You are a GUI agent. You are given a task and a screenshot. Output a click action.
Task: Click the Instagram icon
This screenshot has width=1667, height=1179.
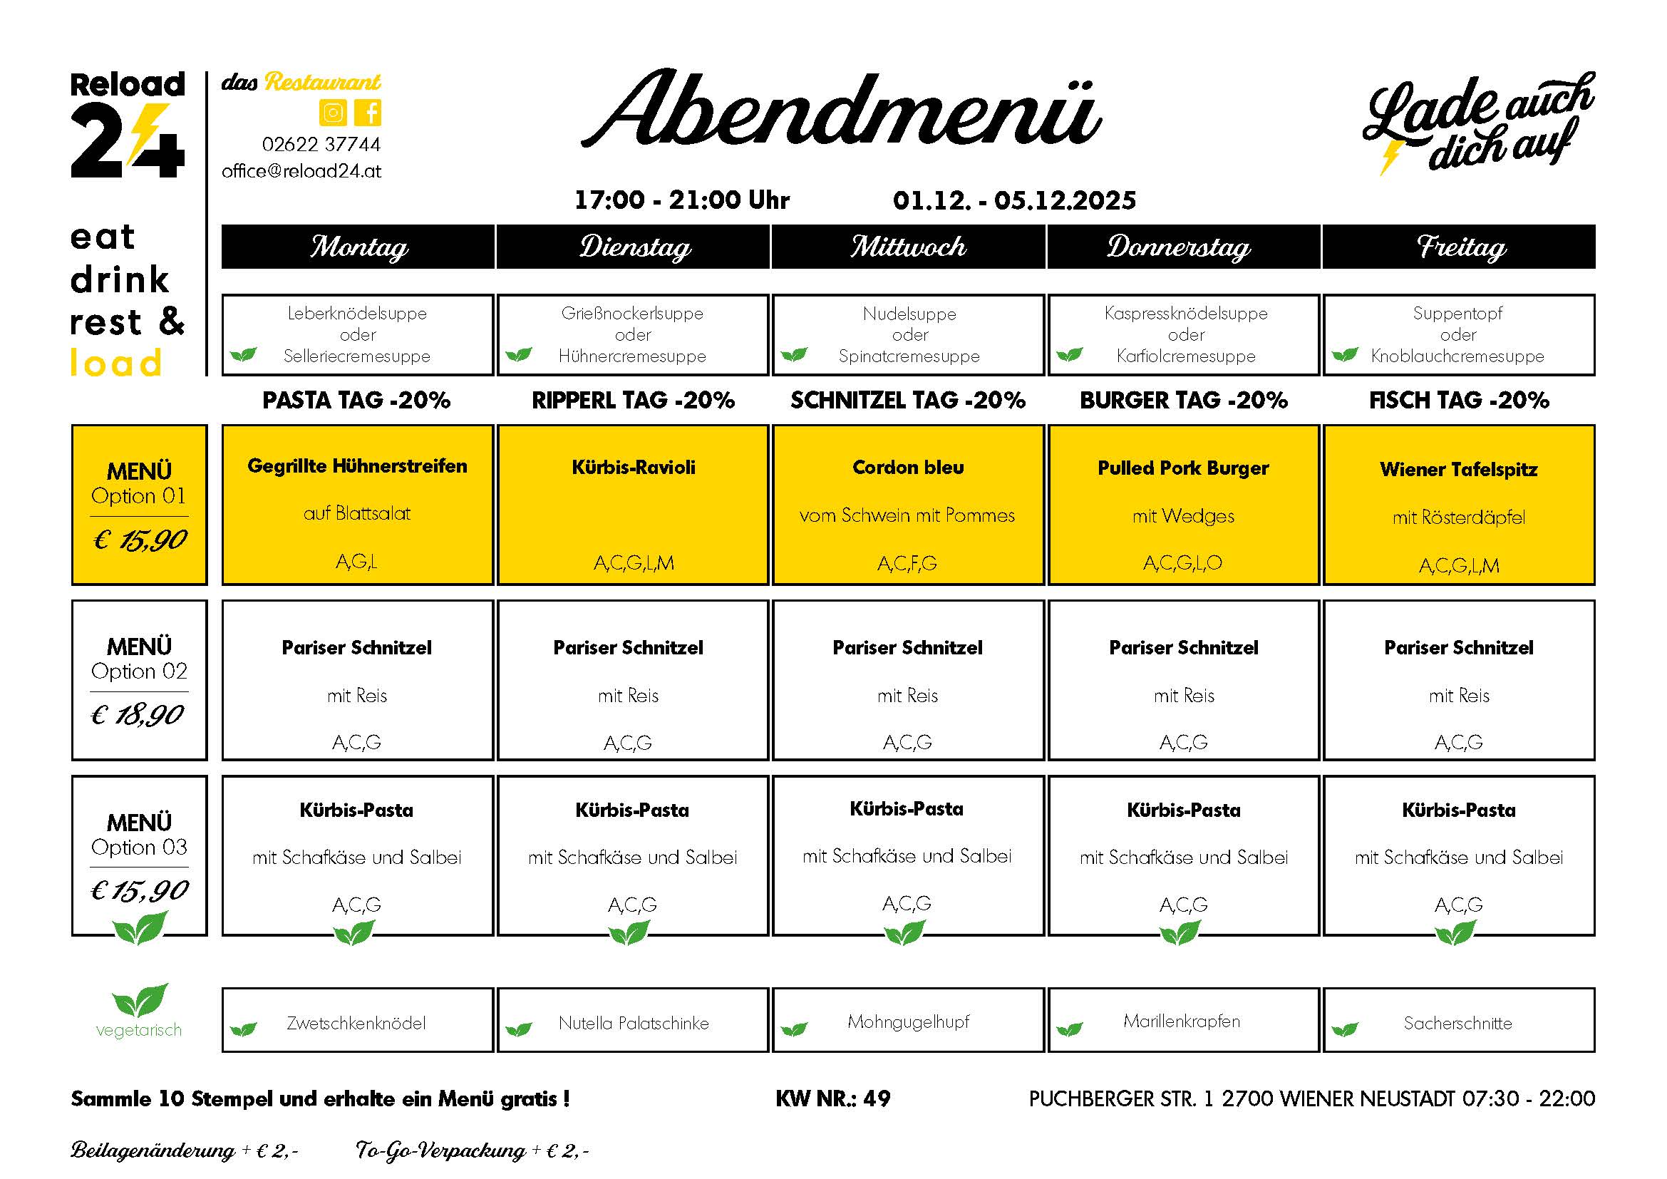333,113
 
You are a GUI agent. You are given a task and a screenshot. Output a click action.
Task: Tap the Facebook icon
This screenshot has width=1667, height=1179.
370,113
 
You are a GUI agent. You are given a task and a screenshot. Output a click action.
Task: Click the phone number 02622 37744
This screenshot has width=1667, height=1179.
321,145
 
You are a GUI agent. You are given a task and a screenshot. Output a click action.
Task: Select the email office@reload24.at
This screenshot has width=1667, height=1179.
301,171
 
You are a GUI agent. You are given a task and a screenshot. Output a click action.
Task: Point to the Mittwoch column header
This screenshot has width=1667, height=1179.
908,247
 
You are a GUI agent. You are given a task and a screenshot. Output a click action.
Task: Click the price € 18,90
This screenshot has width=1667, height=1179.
138,716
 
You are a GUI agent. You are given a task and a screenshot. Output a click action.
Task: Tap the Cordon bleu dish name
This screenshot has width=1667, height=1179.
907,468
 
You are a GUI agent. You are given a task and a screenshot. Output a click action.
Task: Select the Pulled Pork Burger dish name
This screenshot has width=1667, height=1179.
1183,468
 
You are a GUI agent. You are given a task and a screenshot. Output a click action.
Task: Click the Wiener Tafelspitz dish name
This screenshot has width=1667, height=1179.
1459,470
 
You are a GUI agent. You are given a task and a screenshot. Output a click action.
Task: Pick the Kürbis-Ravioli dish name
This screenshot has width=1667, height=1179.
633,468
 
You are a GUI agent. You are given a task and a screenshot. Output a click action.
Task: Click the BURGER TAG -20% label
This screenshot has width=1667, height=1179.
1184,400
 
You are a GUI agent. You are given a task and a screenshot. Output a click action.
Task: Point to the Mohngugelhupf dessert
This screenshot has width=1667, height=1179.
908,1022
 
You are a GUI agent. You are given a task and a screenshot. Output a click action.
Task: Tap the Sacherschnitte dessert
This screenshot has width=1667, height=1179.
1458,1024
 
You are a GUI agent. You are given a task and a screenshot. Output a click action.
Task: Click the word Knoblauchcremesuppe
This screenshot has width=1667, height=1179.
1457,356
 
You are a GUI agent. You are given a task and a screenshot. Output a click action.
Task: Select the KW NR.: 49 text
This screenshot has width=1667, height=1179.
832,1098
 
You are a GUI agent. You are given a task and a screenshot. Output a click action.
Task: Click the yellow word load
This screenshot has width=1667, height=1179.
116,363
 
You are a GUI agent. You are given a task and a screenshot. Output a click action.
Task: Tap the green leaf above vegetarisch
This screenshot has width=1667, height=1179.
140,999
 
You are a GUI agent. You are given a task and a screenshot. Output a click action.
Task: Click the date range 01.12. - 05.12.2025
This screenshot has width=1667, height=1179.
1014,200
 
